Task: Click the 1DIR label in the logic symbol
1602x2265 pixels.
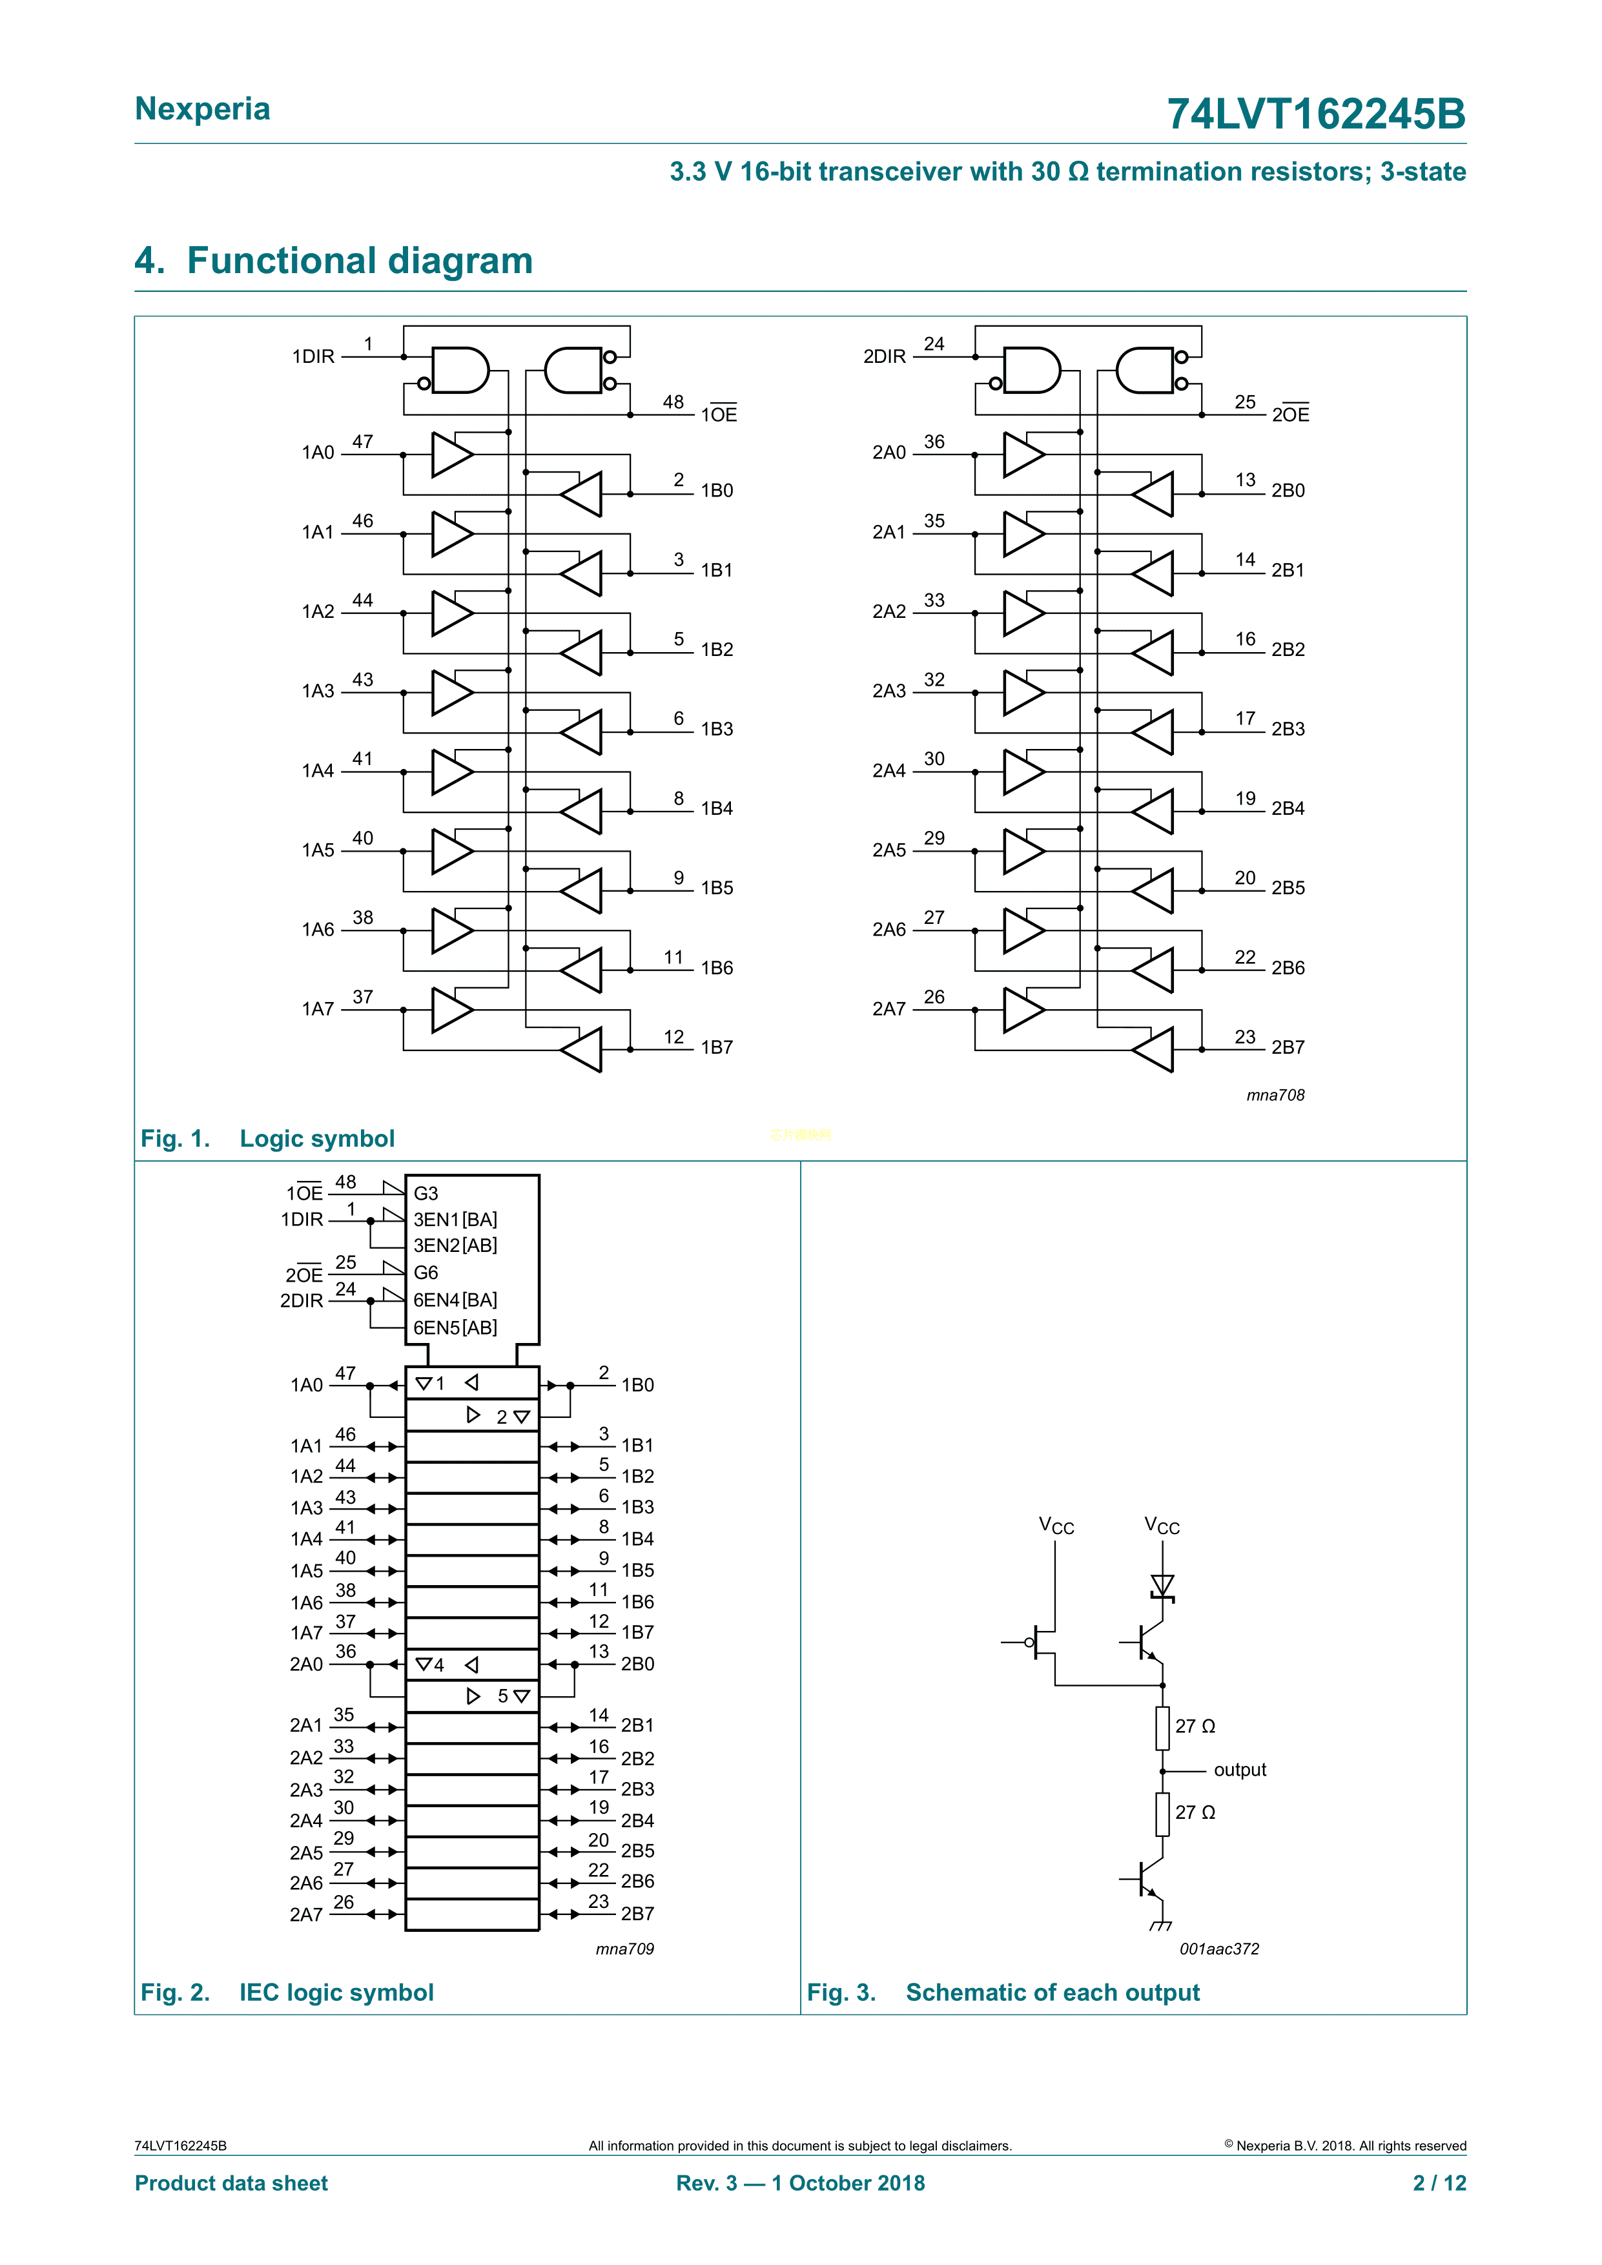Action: coord(313,356)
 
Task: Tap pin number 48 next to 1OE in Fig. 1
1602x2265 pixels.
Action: coord(673,402)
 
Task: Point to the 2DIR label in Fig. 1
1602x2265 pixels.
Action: coord(884,356)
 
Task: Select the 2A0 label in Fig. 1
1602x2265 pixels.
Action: coord(888,452)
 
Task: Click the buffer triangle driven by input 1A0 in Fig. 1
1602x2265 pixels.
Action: coord(450,455)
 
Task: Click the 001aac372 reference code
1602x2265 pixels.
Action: coord(1218,1949)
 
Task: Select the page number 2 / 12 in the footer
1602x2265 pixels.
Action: coord(1439,2182)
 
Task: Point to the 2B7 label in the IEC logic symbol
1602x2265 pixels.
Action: coord(637,1914)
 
